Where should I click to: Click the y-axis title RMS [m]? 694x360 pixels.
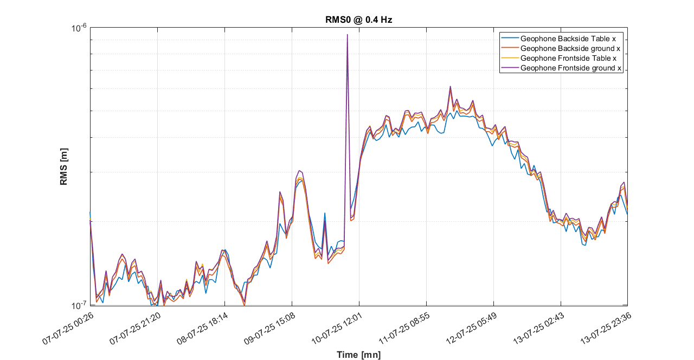tap(64, 166)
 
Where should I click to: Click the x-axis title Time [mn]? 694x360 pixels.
tap(358, 355)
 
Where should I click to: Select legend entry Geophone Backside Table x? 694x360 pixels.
tap(568, 39)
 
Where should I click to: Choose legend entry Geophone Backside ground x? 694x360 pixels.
tap(570, 49)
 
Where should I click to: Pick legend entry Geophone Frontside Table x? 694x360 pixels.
tap(568, 59)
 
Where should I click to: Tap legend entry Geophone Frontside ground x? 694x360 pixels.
tap(570, 68)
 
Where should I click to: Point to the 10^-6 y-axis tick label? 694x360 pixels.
tap(80, 28)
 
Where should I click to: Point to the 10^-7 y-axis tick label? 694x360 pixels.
tap(80, 305)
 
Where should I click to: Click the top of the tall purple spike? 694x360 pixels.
tap(347, 35)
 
